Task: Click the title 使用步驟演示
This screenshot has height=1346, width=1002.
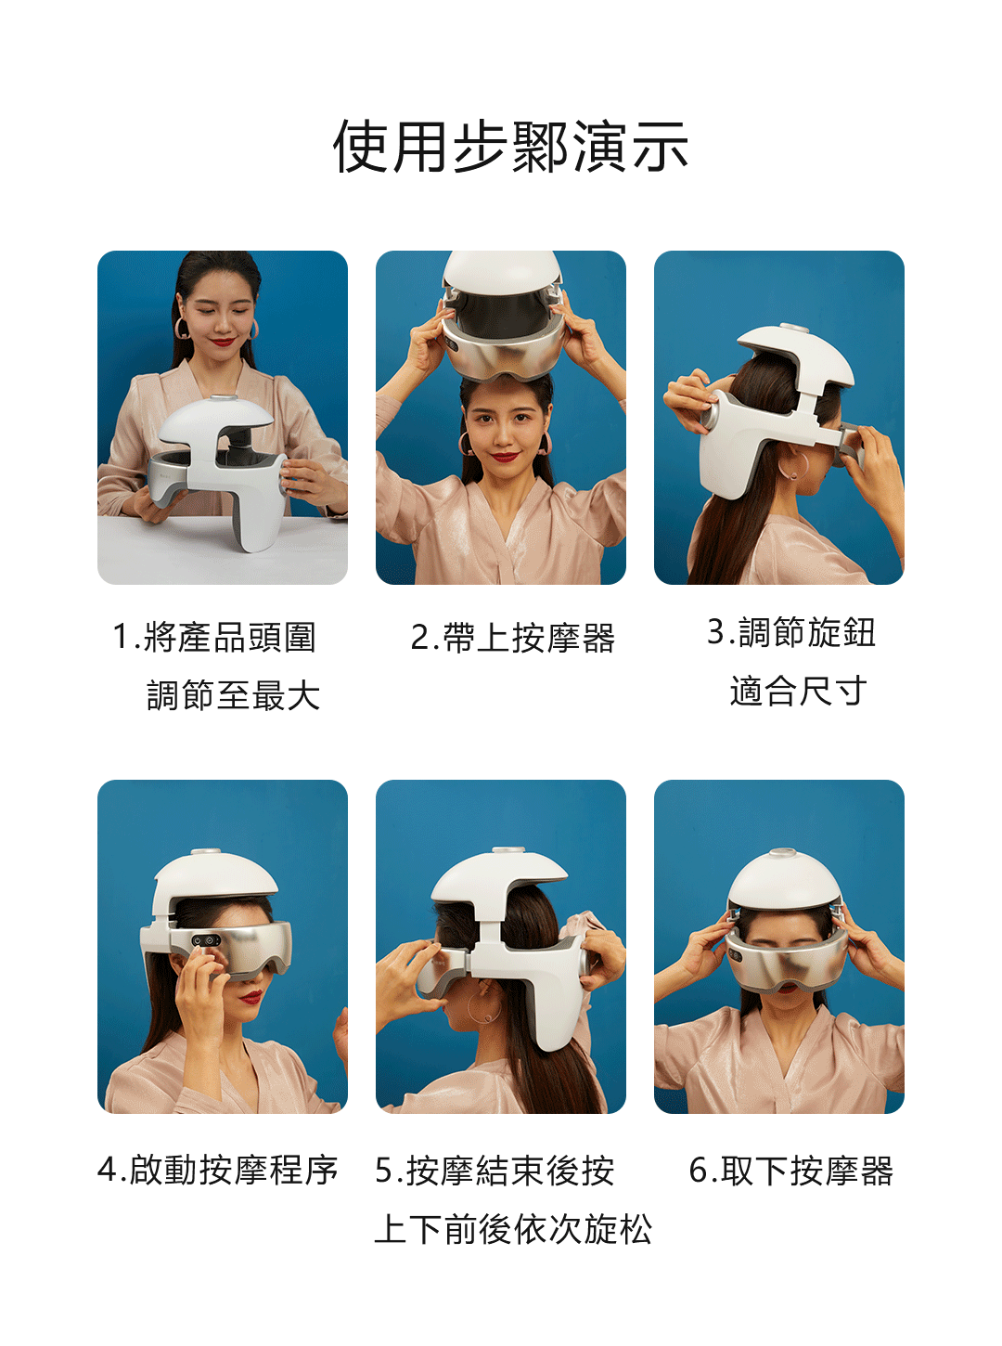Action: [x=510, y=146]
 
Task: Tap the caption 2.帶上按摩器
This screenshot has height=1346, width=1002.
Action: [x=512, y=637]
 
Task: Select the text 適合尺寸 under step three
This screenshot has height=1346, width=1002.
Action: [x=798, y=691]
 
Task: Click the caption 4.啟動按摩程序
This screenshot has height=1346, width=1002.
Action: [x=218, y=1170]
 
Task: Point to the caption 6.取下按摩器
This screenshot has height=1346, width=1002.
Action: [x=790, y=1170]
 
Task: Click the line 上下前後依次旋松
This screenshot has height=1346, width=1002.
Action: [x=513, y=1229]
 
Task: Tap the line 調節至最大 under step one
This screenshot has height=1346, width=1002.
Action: [x=233, y=695]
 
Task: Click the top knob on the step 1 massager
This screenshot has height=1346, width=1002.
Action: [x=224, y=398]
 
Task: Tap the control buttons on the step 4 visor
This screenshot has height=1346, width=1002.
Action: [x=206, y=940]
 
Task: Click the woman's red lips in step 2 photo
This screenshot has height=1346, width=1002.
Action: [x=505, y=457]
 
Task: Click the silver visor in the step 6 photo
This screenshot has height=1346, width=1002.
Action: [x=787, y=960]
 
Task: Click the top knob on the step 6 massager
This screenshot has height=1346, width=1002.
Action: [x=782, y=853]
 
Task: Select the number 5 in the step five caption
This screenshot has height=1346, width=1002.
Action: [x=384, y=1170]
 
